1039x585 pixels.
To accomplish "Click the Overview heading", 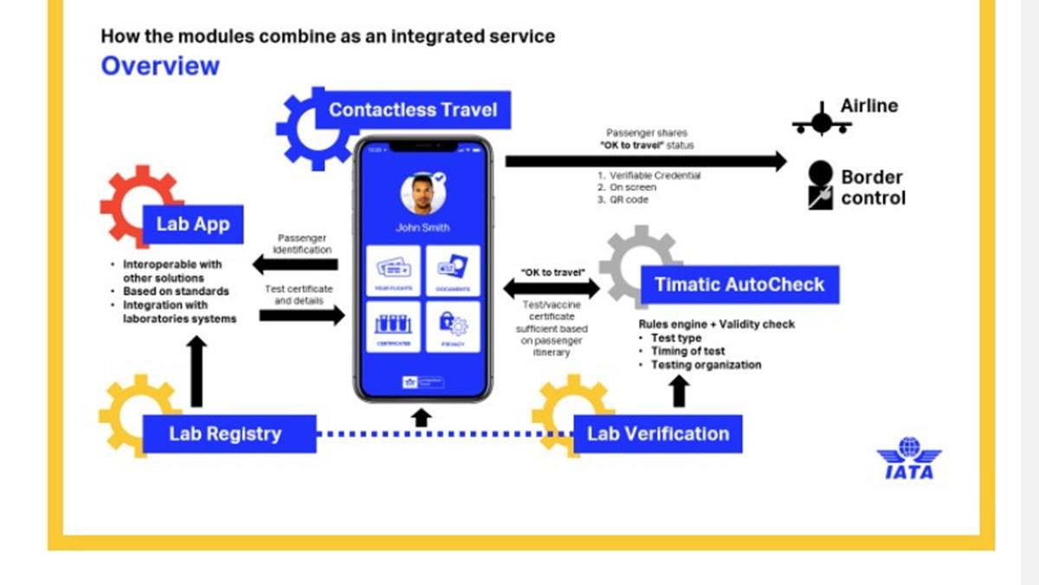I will (x=160, y=66).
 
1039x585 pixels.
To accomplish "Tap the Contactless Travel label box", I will (x=413, y=110).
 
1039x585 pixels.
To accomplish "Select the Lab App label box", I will (x=192, y=224).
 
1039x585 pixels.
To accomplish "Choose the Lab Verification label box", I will (x=658, y=433).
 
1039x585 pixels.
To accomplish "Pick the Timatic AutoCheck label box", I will (x=739, y=284).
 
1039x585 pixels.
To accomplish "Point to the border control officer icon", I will (x=819, y=185).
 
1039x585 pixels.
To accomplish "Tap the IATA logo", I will (x=908, y=458).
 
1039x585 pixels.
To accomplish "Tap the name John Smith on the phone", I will (x=423, y=228).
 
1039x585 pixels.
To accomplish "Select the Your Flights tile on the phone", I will (x=394, y=271).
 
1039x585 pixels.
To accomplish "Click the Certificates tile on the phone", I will (x=394, y=327).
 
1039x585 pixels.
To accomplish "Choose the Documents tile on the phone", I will (x=453, y=271).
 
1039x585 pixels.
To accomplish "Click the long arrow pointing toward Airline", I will (x=645, y=161).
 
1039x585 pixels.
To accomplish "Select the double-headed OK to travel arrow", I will (x=552, y=289).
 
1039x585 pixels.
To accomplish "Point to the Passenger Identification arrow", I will (x=294, y=264).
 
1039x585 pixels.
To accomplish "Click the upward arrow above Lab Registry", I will (x=197, y=371).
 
